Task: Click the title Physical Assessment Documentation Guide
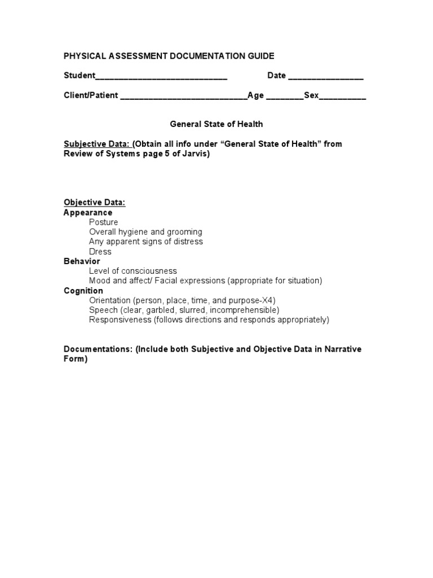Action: click(x=169, y=56)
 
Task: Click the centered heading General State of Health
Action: click(x=216, y=124)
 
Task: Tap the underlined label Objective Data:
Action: click(x=94, y=203)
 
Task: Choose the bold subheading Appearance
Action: click(x=88, y=213)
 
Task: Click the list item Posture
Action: click(x=104, y=222)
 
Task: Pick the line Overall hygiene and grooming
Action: click(x=145, y=232)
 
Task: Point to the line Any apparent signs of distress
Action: click(x=146, y=242)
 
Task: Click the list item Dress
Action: click(x=100, y=252)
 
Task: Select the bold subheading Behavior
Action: click(x=82, y=261)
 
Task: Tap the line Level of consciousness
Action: click(x=133, y=271)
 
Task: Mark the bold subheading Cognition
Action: click(x=83, y=291)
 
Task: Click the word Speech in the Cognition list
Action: click(x=102, y=310)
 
